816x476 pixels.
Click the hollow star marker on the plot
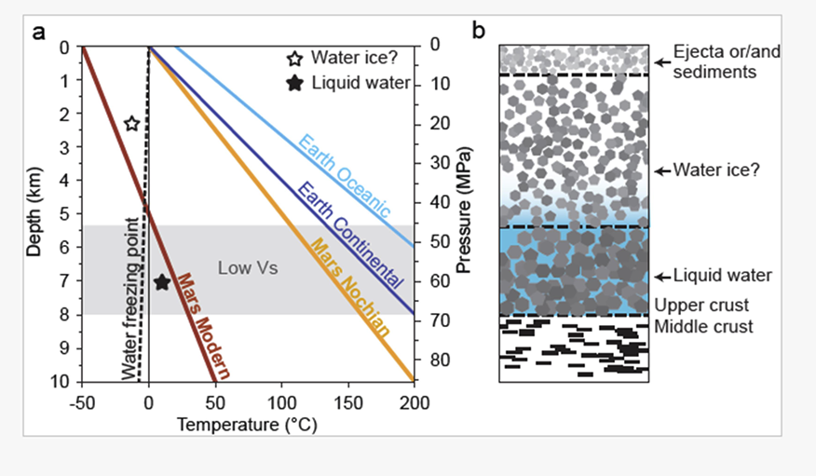pyautogui.click(x=131, y=124)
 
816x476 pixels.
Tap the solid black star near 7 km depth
pyautogui.click(x=161, y=282)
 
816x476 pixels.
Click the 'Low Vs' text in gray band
pyautogui.click(x=248, y=269)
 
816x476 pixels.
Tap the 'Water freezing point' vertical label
pyautogui.click(x=130, y=298)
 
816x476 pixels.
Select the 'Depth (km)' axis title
pyautogui.click(x=35, y=213)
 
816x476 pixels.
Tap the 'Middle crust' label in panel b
pyautogui.click(x=703, y=327)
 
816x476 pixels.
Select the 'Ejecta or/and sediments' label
pyautogui.click(x=727, y=61)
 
